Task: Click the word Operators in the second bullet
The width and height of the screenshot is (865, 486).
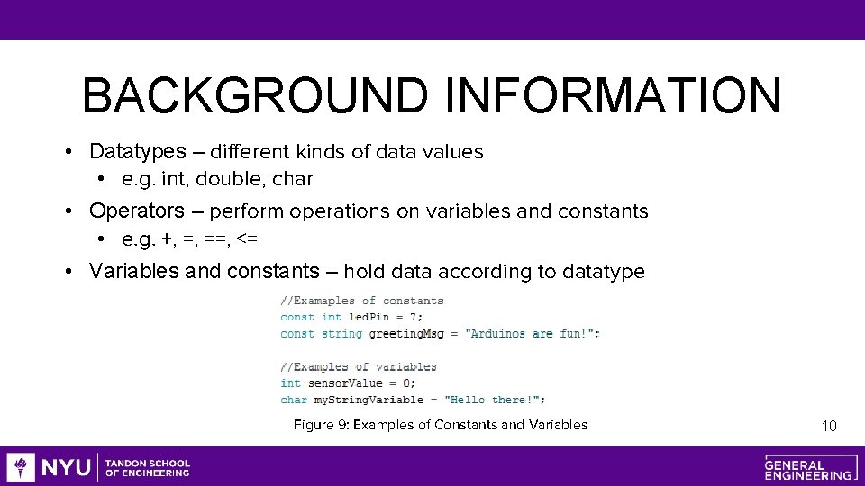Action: click(x=136, y=211)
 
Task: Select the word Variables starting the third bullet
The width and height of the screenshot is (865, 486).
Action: click(x=133, y=272)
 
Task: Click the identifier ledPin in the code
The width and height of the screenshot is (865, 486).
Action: click(x=371, y=317)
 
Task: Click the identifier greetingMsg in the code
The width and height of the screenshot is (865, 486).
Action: click(x=407, y=334)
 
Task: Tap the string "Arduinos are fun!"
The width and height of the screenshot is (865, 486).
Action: click(x=531, y=334)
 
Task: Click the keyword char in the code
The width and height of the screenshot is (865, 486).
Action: click(x=294, y=400)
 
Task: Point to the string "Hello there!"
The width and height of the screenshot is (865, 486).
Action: click(x=493, y=400)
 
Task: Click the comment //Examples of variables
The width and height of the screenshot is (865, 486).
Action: click(x=358, y=366)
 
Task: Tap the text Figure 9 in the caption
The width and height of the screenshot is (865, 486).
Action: click(x=319, y=425)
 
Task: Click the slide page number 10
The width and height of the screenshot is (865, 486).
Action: click(x=829, y=426)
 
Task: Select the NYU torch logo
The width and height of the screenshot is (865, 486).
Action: click(x=21, y=467)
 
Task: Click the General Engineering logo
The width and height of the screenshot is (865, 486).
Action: click(x=808, y=467)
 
